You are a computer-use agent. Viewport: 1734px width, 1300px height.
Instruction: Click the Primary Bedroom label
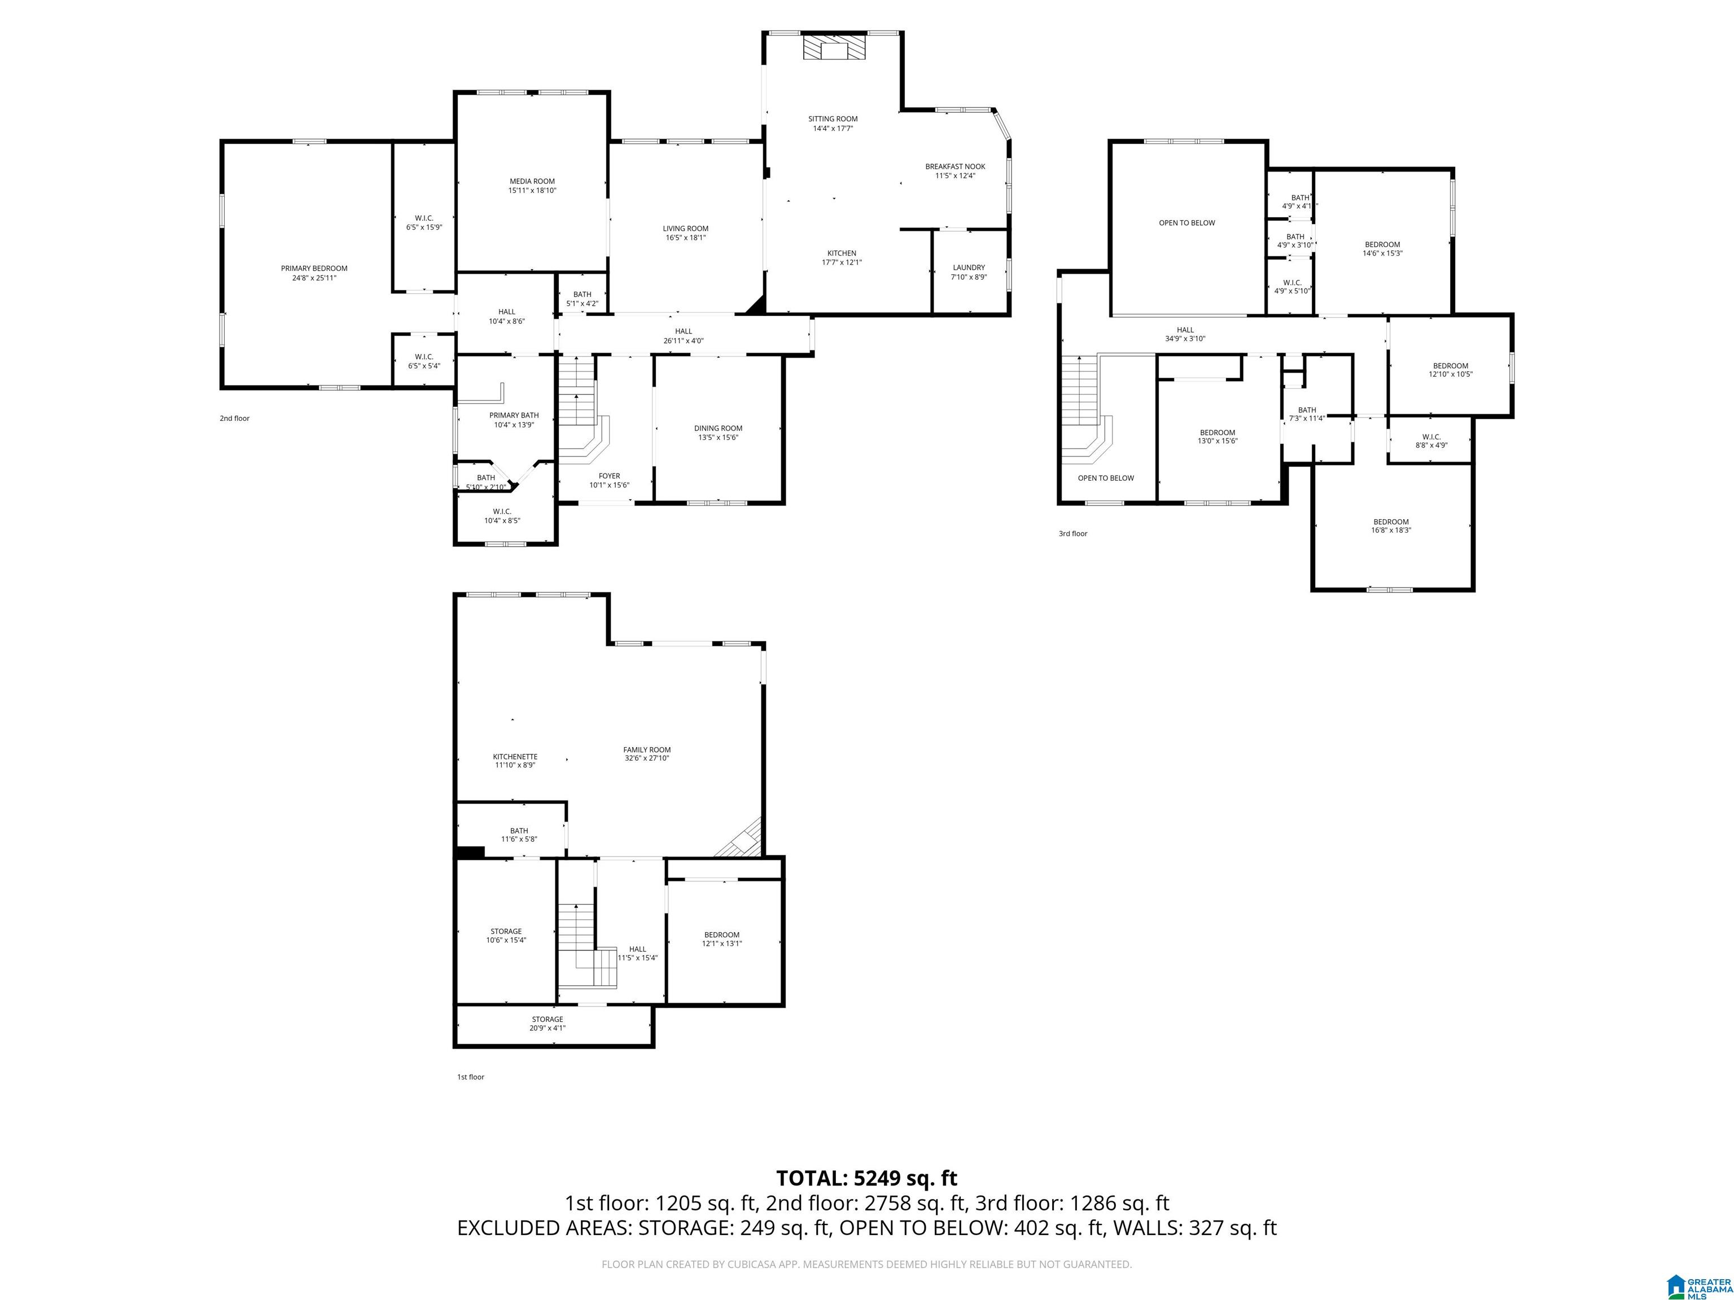point(314,269)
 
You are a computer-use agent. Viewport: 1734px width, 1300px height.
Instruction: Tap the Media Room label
point(532,182)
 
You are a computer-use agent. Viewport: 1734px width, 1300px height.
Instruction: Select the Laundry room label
point(969,268)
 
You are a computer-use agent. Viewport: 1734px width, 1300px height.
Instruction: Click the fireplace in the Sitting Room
point(834,47)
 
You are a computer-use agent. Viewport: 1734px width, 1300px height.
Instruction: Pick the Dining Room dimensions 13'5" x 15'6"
point(718,438)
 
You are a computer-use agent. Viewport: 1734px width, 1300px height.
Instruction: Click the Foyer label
point(609,476)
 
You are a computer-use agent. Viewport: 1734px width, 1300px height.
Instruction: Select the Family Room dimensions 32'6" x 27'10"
point(647,758)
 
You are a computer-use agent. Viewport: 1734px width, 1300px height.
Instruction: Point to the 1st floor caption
point(470,1077)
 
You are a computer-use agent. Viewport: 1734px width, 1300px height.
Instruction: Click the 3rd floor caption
point(1073,534)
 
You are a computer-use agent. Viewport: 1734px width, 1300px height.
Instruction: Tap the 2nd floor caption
point(234,419)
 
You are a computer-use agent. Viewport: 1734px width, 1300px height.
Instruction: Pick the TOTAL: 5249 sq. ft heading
point(866,1178)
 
